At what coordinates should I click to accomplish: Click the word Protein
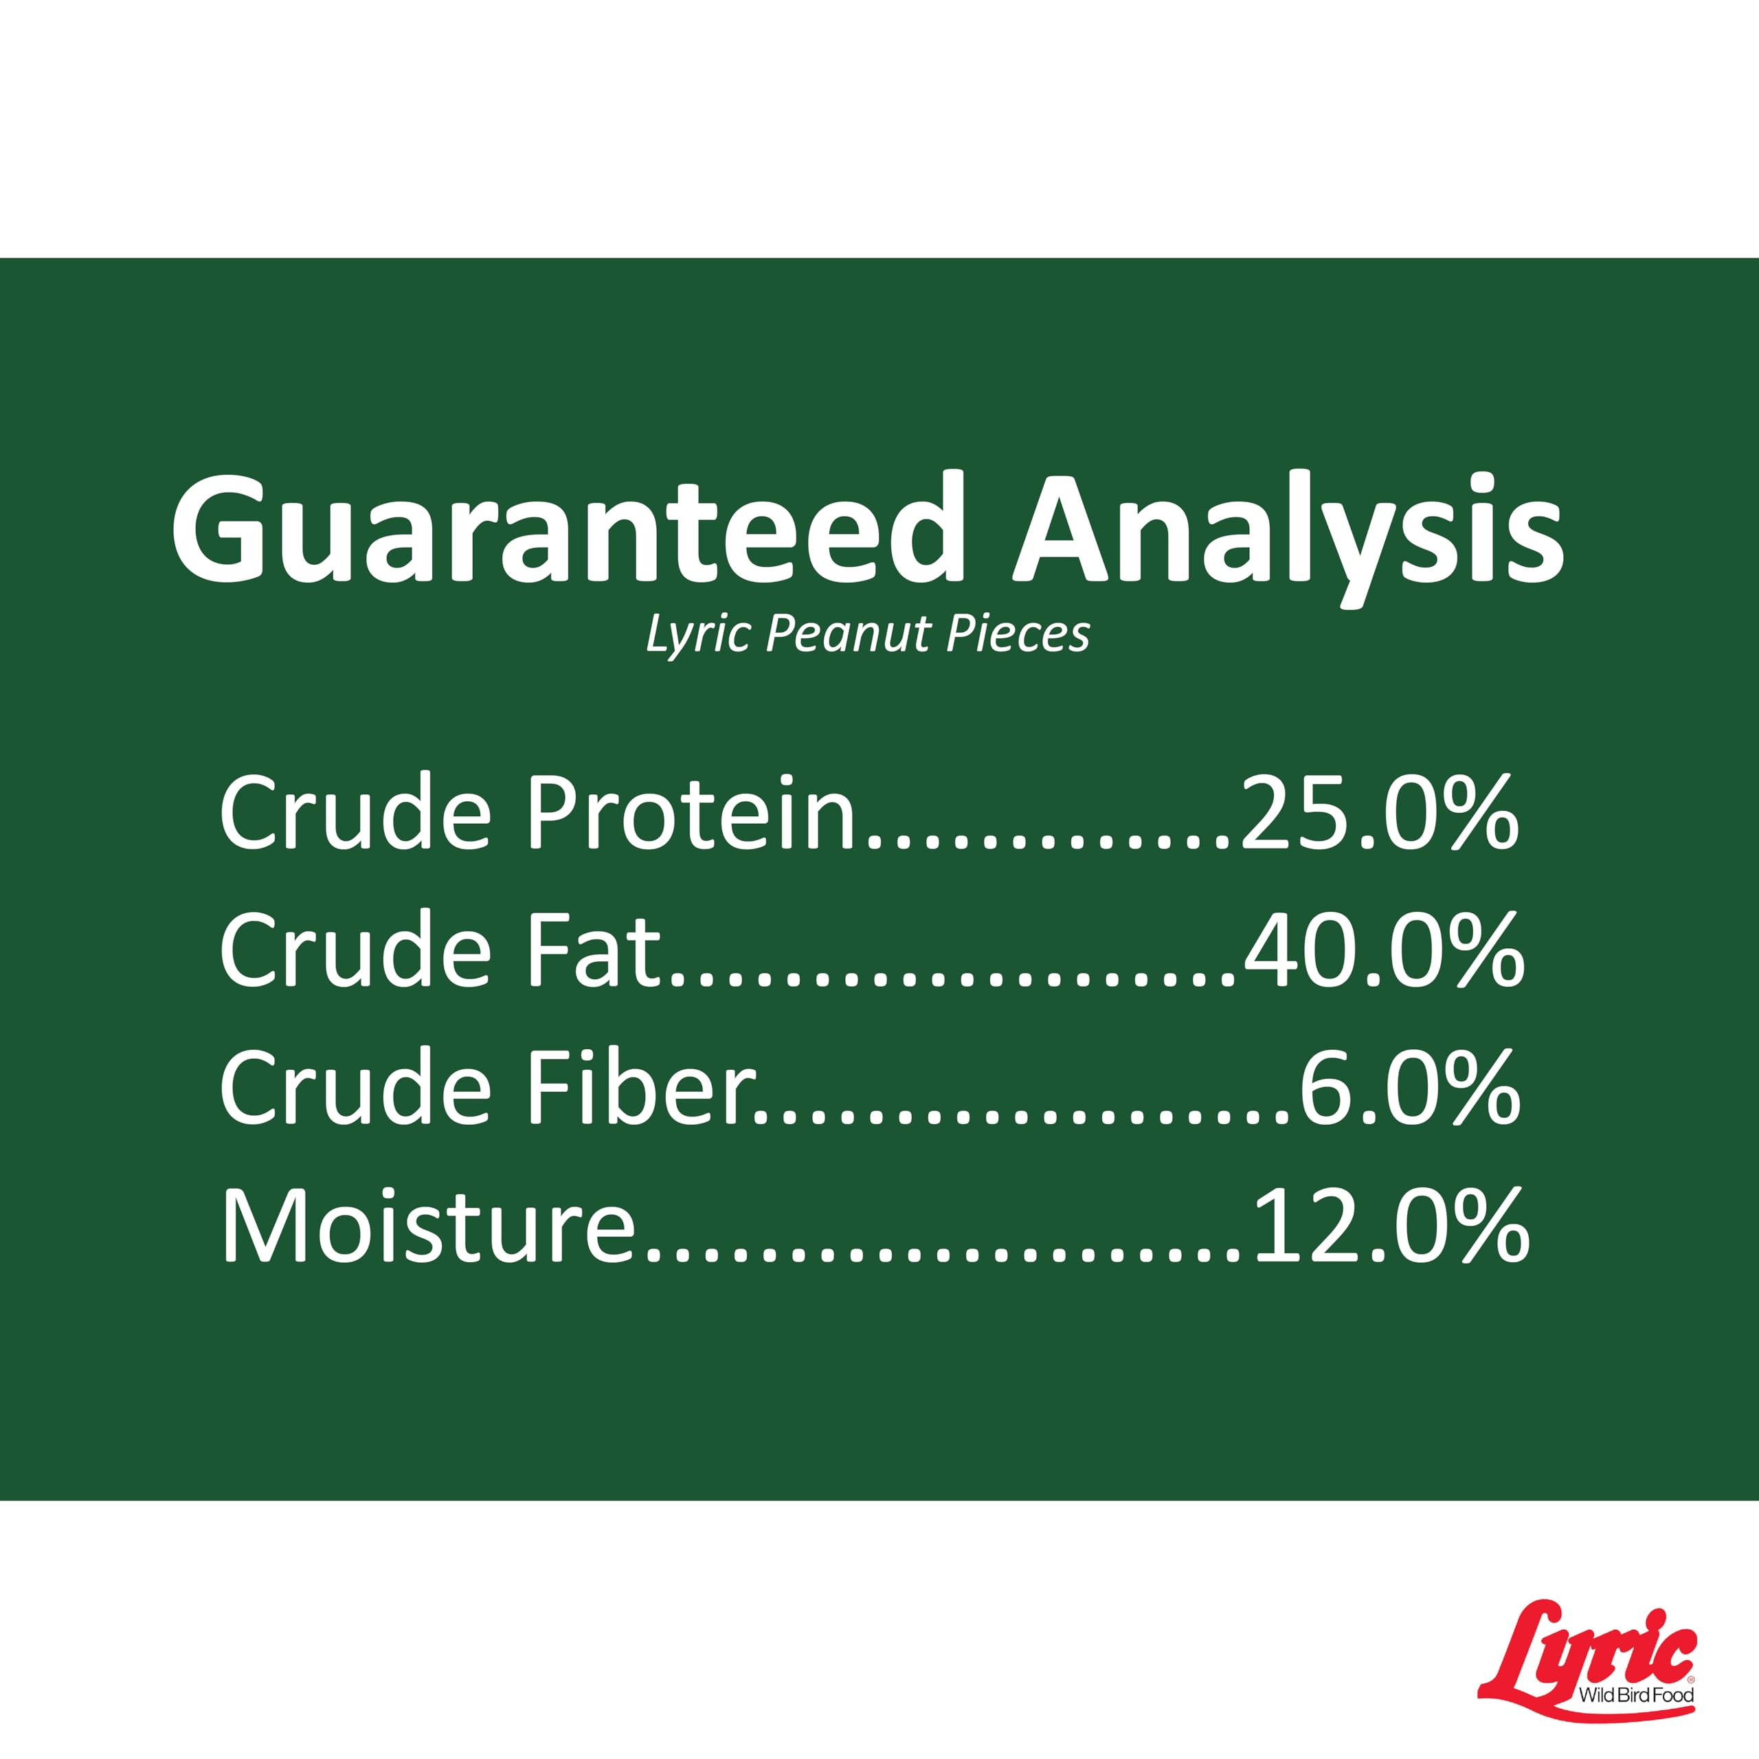click(692, 811)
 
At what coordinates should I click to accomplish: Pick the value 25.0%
click(1379, 813)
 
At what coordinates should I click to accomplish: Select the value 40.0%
click(1384, 952)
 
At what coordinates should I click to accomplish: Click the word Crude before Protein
click(355, 811)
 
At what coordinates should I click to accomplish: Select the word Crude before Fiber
click(355, 1087)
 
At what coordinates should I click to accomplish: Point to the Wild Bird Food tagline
click(1636, 1694)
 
